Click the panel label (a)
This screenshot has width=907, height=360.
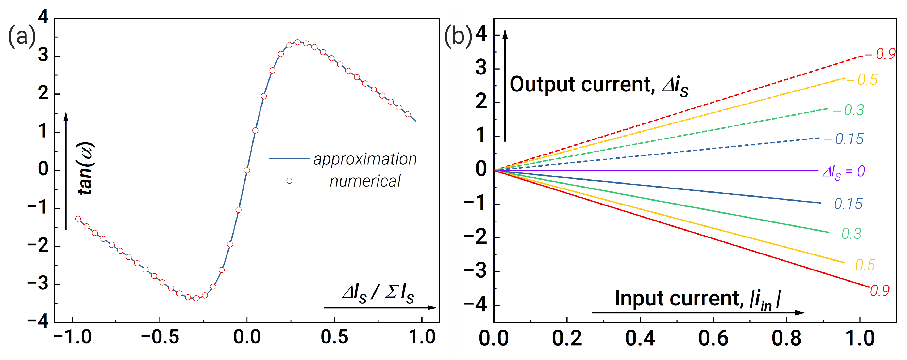pos(22,36)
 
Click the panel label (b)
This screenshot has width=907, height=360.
pos(458,36)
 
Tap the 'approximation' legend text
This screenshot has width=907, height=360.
pos(365,159)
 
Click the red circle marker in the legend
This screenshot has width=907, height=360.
pos(289,181)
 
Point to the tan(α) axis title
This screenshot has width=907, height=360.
pos(85,169)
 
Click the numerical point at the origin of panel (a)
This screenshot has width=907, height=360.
pos(247,170)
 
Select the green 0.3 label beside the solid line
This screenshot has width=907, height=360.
pos(851,234)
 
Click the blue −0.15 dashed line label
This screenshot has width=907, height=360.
pos(844,139)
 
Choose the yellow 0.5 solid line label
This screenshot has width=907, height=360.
pos(865,265)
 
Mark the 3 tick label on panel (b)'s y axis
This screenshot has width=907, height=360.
pos(481,68)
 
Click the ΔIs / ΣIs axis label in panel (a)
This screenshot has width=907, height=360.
pos(378,293)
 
